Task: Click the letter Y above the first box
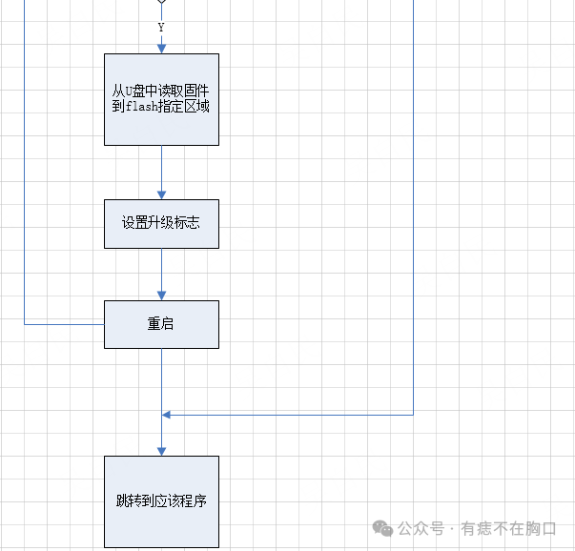(x=160, y=28)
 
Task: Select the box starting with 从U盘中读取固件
(x=161, y=99)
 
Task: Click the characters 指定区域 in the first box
(x=186, y=107)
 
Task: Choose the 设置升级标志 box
(x=161, y=223)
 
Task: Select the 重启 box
(x=161, y=324)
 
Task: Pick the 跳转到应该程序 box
(x=161, y=501)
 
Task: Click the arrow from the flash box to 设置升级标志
(x=161, y=173)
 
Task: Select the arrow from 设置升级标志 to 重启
(x=161, y=275)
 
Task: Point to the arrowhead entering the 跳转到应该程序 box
(x=161, y=450)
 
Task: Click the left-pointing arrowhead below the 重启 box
(x=167, y=415)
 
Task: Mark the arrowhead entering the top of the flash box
(x=161, y=48)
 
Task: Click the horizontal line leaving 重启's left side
(x=63, y=324)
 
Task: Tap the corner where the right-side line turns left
(x=414, y=415)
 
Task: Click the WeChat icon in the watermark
(x=382, y=528)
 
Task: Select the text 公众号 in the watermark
(x=421, y=528)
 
